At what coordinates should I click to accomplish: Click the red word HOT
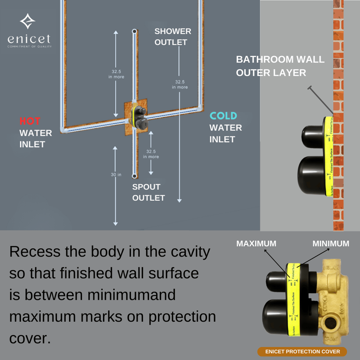click(x=30, y=121)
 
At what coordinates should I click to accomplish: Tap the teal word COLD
click(x=223, y=116)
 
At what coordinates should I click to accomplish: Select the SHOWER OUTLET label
click(x=173, y=37)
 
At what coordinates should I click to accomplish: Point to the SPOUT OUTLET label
click(x=148, y=192)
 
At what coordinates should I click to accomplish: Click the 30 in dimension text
click(x=116, y=174)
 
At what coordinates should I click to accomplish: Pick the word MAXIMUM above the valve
click(x=256, y=243)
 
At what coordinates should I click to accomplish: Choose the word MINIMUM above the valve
click(x=331, y=243)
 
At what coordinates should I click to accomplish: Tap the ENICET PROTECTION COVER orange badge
click(x=302, y=352)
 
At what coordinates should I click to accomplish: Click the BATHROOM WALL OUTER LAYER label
click(x=280, y=66)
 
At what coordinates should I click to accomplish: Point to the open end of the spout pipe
click(x=134, y=176)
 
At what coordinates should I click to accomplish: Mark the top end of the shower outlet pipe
click(x=134, y=32)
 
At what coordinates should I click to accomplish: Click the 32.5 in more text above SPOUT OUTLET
click(x=151, y=154)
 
